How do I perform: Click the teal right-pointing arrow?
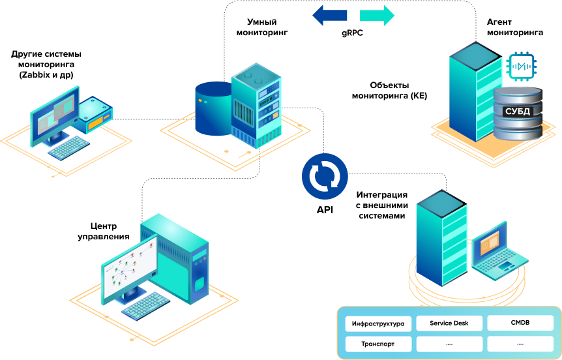coord(377,15)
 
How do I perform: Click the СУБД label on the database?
coord(518,112)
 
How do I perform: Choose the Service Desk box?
coord(449,323)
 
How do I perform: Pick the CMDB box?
coord(520,323)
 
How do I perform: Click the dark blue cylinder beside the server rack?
coord(213,109)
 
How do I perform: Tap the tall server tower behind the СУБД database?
coord(471,91)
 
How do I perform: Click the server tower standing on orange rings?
coord(441,238)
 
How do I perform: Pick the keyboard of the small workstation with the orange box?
coord(68,148)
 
